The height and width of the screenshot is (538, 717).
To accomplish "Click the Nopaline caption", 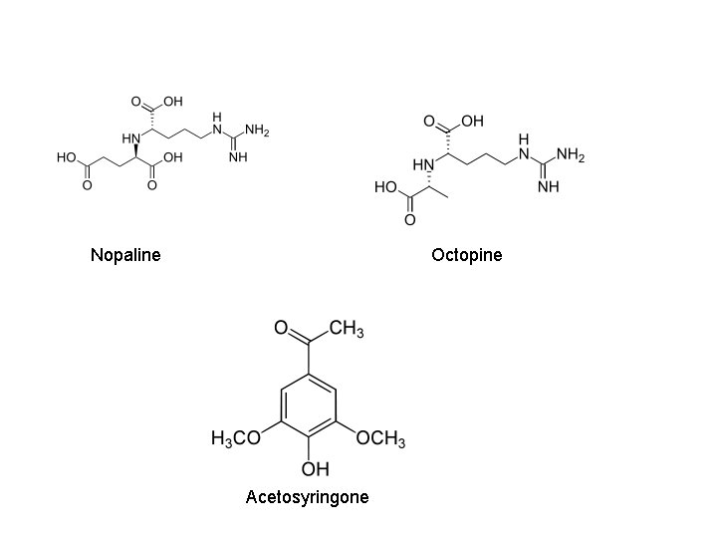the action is pyautogui.click(x=124, y=255).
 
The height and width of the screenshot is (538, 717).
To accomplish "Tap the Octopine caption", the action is pyautogui.click(x=466, y=255).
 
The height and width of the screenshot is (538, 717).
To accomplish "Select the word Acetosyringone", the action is pyautogui.click(x=307, y=496).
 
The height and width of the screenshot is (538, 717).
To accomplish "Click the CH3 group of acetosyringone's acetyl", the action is pyautogui.click(x=346, y=330).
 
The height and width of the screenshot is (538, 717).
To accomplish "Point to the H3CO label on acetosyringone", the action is pyautogui.click(x=236, y=439).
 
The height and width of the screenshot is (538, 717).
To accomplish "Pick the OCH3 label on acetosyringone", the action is pyautogui.click(x=381, y=439).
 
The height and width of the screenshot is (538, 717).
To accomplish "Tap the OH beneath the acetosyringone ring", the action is pyautogui.click(x=315, y=468).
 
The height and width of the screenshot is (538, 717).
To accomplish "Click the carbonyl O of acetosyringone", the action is pyautogui.click(x=280, y=327).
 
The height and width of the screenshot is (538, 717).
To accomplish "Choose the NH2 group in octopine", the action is pyautogui.click(x=571, y=154).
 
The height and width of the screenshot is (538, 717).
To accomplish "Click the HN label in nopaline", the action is pyautogui.click(x=130, y=138).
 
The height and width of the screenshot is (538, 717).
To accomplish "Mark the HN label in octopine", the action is pyautogui.click(x=423, y=164).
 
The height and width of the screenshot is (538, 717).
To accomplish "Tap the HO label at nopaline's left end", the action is pyautogui.click(x=68, y=157).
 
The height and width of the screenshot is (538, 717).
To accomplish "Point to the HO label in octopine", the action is pyautogui.click(x=384, y=186).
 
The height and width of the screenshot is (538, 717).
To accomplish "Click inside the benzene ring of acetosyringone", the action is pyautogui.click(x=309, y=403).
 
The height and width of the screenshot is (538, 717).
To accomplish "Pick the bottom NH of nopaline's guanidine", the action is pyautogui.click(x=237, y=157).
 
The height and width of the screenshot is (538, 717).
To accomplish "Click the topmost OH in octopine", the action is pyautogui.click(x=471, y=122).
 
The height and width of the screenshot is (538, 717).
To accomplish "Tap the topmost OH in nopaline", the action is pyautogui.click(x=173, y=102).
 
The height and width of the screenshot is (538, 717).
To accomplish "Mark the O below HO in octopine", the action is pyautogui.click(x=409, y=220).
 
